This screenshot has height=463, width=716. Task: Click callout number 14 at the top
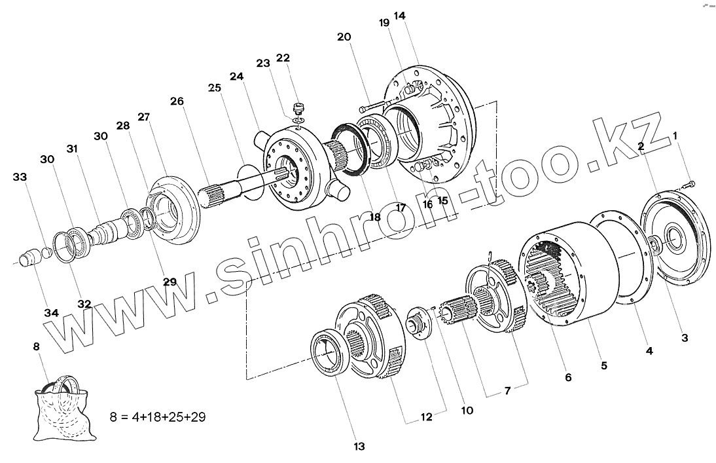coord(399,16)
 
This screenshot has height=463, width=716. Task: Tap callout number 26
coord(177,101)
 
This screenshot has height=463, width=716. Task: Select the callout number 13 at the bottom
coord(359,446)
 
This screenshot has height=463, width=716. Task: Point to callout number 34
coord(52,313)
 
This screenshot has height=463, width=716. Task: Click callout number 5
coord(603,365)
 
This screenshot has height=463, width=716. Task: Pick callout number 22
coord(283,58)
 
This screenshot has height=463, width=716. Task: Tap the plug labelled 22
coord(298,109)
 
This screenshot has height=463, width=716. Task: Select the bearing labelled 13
coord(328,352)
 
